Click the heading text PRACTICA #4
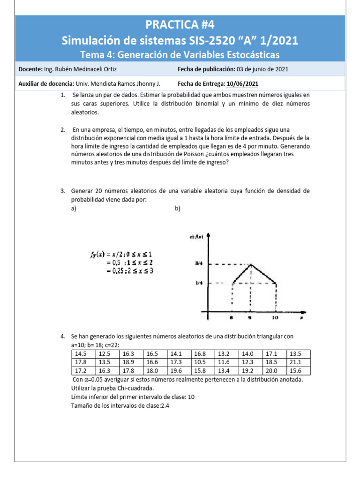point(180,24)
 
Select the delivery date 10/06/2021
point(242,84)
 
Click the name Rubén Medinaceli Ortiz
point(87,69)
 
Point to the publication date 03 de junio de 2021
point(262,69)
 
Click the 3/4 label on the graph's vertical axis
point(198,264)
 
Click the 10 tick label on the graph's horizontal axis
point(275,318)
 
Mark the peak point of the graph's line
point(252,264)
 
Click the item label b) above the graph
point(178,209)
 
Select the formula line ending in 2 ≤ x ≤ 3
point(129,271)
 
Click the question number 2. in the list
point(63,129)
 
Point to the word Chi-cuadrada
point(128,389)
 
